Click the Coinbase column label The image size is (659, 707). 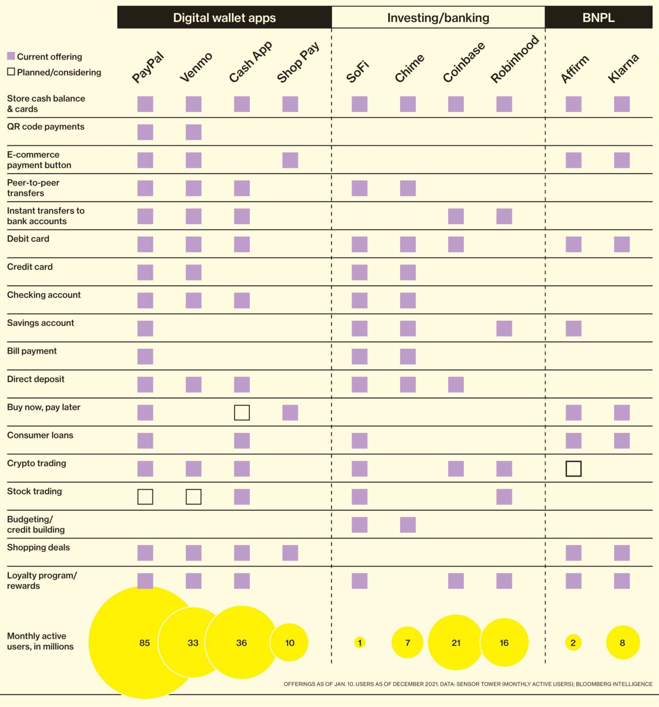pyautogui.click(x=464, y=62)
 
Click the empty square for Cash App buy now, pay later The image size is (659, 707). pyautogui.click(x=242, y=413)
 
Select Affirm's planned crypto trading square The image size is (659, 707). pyautogui.click(x=573, y=469)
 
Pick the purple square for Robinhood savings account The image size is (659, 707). pyautogui.click(x=504, y=328)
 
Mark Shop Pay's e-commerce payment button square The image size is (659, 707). pyautogui.click(x=290, y=160)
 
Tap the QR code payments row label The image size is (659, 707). pyautogui.click(x=45, y=127)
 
